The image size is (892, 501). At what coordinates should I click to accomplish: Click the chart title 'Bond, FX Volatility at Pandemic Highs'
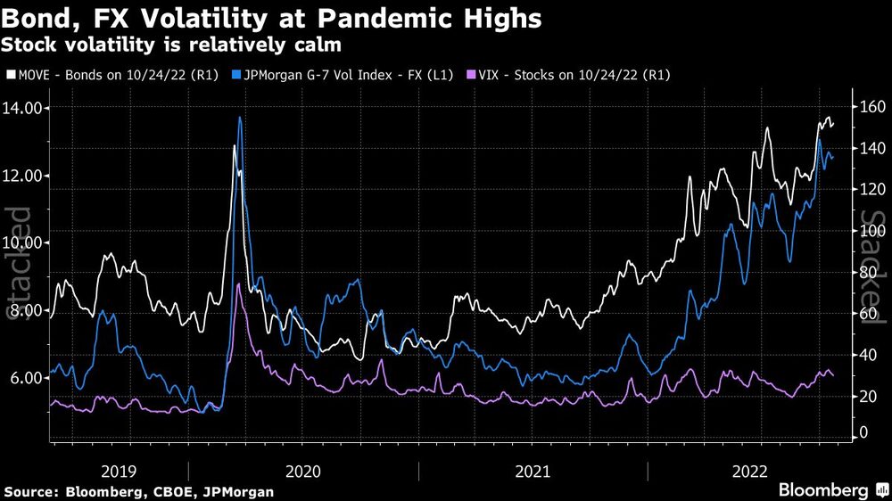[x=273, y=19]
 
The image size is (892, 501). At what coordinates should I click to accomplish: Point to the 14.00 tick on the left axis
[x=25, y=108]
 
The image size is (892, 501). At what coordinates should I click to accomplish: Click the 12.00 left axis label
[x=25, y=176]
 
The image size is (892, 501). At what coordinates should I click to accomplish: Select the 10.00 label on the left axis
[x=25, y=242]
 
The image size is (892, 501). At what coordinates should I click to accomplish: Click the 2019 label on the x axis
[x=119, y=470]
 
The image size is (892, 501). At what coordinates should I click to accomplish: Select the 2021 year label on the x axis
[x=533, y=470]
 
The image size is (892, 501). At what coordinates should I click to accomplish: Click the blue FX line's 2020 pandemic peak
[x=240, y=118]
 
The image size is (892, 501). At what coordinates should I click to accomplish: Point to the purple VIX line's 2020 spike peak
[x=238, y=284]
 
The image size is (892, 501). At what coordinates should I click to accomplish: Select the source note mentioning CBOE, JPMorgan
[x=139, y=491]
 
